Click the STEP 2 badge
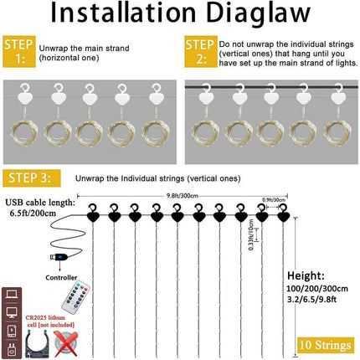(198, 49)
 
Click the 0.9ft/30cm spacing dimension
(273, 199)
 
